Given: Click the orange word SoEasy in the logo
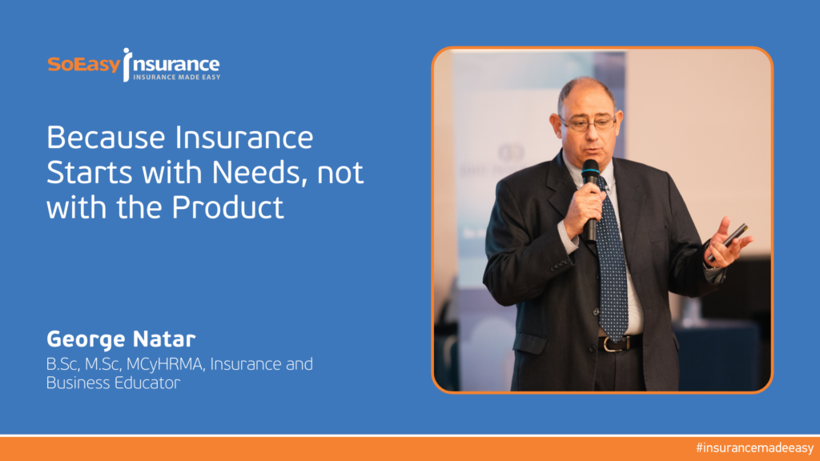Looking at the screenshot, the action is tap(84, 65).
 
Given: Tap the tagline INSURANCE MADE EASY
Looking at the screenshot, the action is tap(177, 78).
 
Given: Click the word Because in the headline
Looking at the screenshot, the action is tap(107, 138).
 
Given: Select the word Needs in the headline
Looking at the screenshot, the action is tap(259, 173).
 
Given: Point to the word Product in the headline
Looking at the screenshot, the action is tap(228, 207).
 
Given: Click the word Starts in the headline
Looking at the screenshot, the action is tap(90, 173).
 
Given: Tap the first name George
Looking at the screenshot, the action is tap(86, 339).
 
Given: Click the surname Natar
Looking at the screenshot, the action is tap(164, 339).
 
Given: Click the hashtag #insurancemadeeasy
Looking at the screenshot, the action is tap(754, 448).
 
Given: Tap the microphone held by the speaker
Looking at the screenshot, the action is tap(590, 198).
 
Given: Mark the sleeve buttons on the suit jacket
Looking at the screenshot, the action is tap(559, 266).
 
